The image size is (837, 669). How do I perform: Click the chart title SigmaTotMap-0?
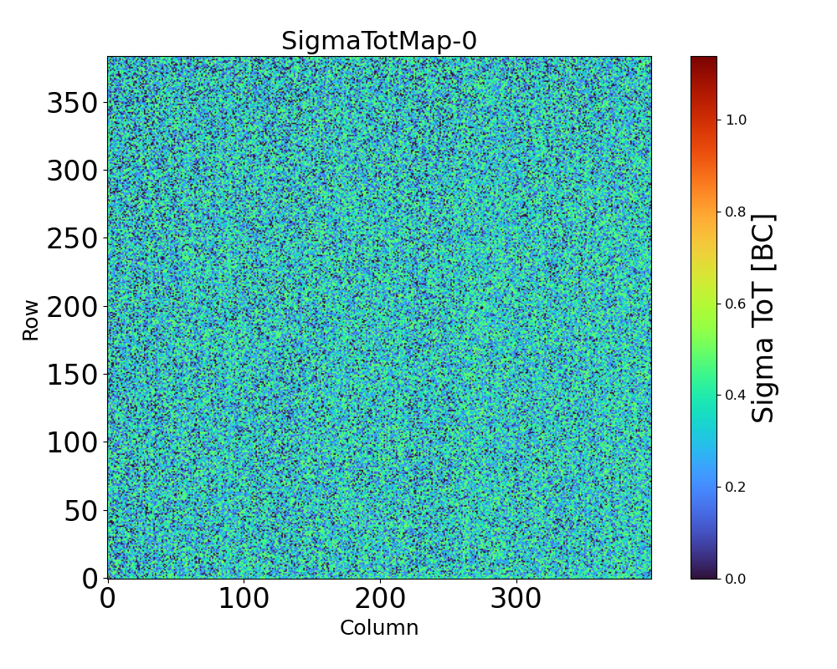[x=378, y=41]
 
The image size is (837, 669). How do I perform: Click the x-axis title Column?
[x=378, y=628]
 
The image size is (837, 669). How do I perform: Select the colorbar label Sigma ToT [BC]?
[x=763, y=318]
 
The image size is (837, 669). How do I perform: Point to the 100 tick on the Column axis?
[x=244, y=599]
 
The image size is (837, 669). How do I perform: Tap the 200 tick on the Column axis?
[x=380, y=599]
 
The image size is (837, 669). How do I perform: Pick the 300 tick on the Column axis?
[x=516, y=599]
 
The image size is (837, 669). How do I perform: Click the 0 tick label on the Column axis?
[x=108, y=599]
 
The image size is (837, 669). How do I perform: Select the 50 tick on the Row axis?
[x=81, y=510]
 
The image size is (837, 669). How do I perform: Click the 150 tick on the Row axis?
[x=72, y=375]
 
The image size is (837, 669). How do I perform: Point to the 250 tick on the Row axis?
[x=72, y=238]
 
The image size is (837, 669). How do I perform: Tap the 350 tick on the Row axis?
[x=72, y=103]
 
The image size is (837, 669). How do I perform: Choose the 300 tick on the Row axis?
[x=72, y=171]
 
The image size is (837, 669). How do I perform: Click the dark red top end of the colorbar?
[x=704, y=59]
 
